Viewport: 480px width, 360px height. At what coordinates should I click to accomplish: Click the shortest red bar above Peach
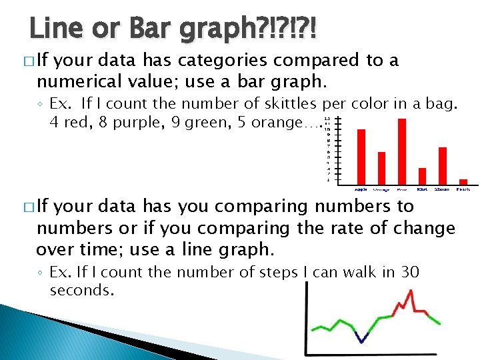463,181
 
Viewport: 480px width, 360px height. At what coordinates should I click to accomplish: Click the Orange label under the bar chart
381,189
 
